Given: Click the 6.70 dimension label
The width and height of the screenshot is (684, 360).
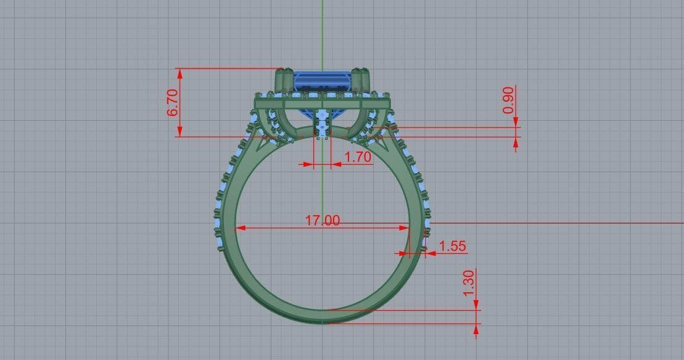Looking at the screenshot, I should (x=173, y=102).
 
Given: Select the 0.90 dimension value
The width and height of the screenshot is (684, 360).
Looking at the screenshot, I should (x=508, y=100).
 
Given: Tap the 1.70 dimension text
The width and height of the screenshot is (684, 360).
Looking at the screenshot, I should (x=358, y=157).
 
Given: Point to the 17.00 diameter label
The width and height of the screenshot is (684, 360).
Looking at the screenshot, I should (x=323, y=220).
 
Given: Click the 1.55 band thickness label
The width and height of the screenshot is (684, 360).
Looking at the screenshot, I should (x=452, y=247).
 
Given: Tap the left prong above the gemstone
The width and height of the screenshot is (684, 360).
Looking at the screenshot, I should (x=284, y=80).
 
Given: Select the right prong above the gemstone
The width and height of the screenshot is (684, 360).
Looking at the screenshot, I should (x=360, y=79).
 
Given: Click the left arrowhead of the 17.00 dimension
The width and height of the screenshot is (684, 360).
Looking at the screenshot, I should (x=241, y=228).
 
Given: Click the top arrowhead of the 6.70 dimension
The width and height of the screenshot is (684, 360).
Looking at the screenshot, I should (x=180, y=73).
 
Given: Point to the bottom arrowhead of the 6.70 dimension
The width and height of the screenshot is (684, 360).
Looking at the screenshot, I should (x=180, y=131).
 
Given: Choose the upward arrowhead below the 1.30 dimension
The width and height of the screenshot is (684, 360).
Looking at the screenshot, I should (x=476, y=329).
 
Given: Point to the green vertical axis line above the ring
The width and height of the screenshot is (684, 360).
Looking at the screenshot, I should (x=322, y=31).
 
